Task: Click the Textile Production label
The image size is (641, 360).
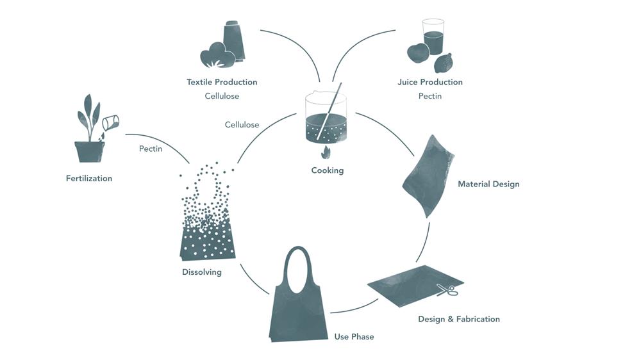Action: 222,82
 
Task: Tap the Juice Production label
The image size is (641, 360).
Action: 429,82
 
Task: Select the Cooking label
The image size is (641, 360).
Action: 327,170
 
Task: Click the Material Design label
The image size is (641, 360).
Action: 488,184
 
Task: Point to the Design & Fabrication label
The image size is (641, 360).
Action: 458,319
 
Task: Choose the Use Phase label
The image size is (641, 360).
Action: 354,336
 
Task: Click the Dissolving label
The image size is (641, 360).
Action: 201,272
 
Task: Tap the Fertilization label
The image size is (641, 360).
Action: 88,178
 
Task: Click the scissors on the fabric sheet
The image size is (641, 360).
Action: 447,290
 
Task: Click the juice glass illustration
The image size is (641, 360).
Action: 433,37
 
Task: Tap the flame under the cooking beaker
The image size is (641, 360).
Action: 326,152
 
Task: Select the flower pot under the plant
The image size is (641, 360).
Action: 89,151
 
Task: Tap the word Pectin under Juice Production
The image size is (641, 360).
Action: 429,96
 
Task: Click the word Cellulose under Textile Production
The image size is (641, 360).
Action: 222,96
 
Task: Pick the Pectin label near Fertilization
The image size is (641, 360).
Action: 150,149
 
